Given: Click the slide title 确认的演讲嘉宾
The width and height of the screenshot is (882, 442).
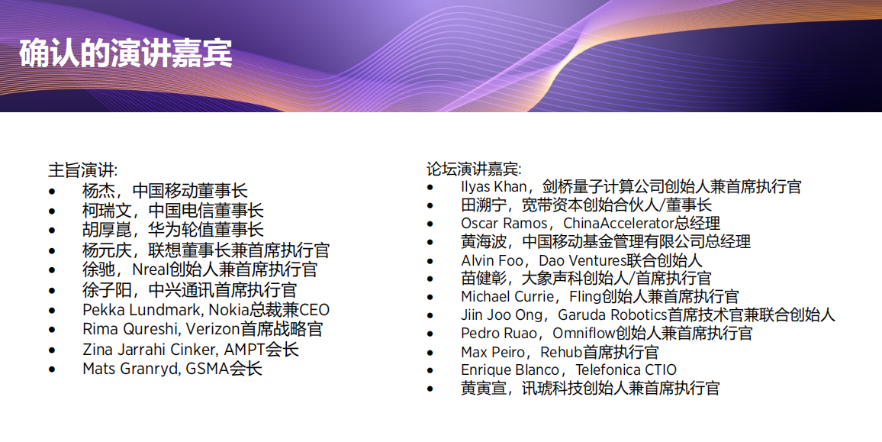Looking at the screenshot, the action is (x=125, y=54).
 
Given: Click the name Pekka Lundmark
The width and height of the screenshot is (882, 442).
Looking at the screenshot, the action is (x=143, y=310).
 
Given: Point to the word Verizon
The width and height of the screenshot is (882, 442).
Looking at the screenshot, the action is (x=213, y=329).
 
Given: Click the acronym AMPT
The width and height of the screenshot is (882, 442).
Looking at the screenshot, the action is (x=245, y=349).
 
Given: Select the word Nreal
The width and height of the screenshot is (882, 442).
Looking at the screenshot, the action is (x=151, y=269).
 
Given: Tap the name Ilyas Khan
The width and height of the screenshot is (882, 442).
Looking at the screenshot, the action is (x=494, y=187).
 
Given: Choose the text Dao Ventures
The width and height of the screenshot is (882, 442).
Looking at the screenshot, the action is (x=583, y=260).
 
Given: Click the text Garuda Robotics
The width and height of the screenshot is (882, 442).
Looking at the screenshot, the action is (x=613, y=315).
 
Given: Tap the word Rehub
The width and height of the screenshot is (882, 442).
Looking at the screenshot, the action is (x=562, y=353).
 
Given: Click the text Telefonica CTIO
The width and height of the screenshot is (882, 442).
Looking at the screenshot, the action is (x=626, y=370).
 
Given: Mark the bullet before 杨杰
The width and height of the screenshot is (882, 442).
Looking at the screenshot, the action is (x=53, y=192).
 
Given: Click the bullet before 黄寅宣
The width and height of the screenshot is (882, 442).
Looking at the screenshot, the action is (x=430, y=389).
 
